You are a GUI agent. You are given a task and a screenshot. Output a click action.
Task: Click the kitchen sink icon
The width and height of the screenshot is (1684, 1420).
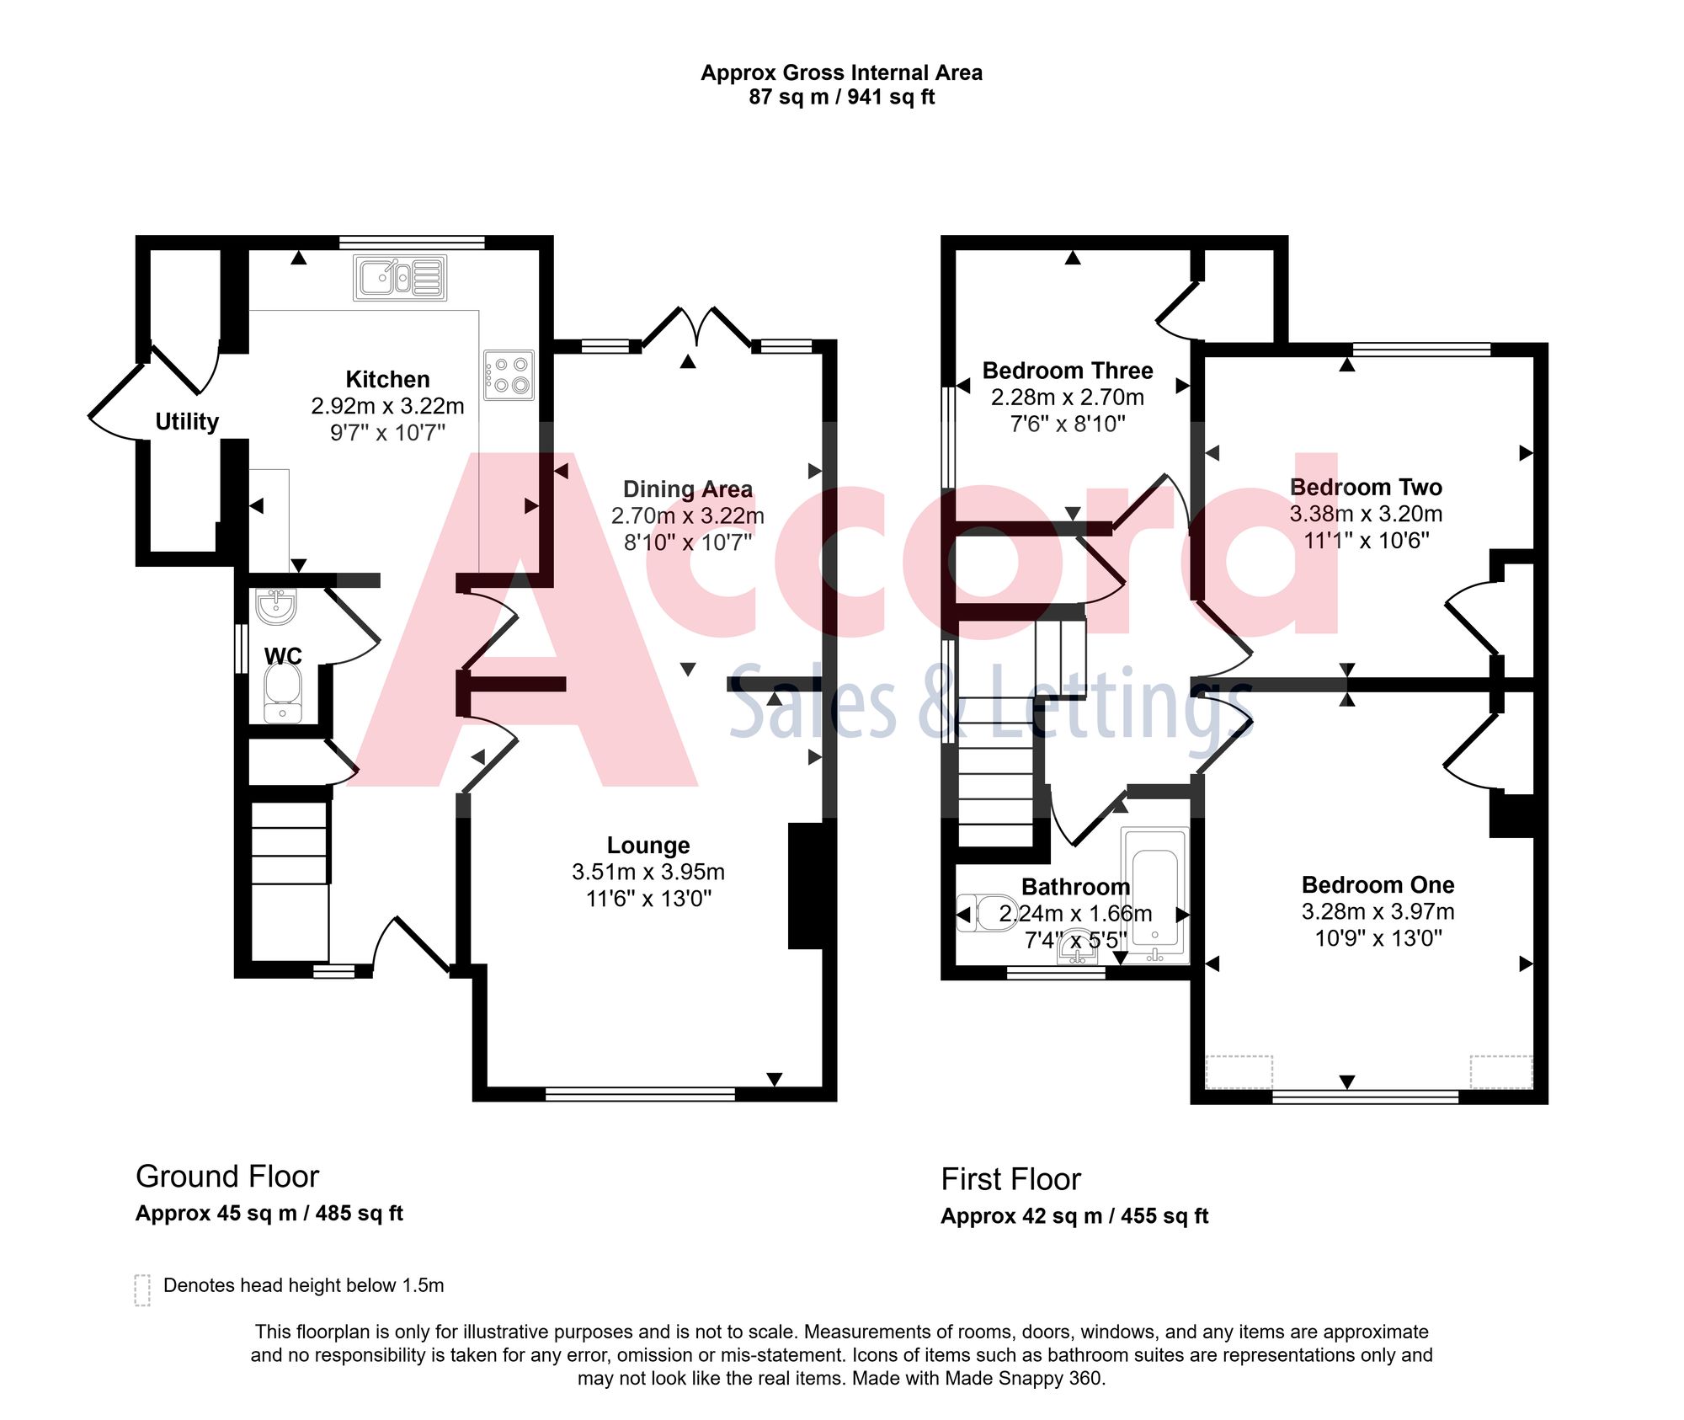[400, 278]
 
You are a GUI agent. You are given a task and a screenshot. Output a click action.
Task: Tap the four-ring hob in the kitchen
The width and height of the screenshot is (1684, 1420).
[509, 375]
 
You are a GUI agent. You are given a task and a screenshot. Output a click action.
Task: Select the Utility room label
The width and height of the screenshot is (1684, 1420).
[187, 421]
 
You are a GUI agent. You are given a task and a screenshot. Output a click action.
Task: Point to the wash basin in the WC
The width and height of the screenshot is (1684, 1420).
[276, 606]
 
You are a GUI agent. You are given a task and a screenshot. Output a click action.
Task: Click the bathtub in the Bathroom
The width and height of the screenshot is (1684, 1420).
[1154, 895]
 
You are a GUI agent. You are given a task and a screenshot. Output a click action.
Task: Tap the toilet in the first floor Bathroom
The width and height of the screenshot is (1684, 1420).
[985, 913]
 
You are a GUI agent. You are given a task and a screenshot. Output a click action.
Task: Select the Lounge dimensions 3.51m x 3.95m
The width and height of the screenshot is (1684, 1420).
[648, 872]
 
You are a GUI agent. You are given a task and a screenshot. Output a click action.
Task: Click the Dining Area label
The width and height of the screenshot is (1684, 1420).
[688, 489]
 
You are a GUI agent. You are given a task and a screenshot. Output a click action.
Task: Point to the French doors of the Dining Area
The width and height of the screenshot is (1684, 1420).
[697, 328]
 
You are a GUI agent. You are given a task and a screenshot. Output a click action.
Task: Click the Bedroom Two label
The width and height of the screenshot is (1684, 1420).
[1366, 487]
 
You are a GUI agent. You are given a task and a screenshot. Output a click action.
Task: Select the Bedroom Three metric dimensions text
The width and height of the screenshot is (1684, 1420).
[1068, 397]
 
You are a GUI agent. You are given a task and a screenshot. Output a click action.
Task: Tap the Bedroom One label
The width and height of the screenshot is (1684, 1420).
[1378, 884]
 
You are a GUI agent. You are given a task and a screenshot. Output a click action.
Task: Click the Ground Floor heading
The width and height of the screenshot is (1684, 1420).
[227, 1177]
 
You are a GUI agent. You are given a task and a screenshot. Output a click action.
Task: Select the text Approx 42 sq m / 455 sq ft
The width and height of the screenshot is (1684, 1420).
[1074, 1216]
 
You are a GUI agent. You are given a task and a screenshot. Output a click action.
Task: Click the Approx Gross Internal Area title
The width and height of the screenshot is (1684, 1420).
[841, 73]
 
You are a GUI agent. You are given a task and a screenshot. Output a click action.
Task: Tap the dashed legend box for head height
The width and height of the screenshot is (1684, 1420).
[142, 1289]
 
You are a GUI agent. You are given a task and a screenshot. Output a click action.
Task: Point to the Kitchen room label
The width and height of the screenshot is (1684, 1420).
[387, 379]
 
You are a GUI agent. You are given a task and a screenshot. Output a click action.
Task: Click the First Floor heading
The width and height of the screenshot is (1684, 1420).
[1010, 1179]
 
